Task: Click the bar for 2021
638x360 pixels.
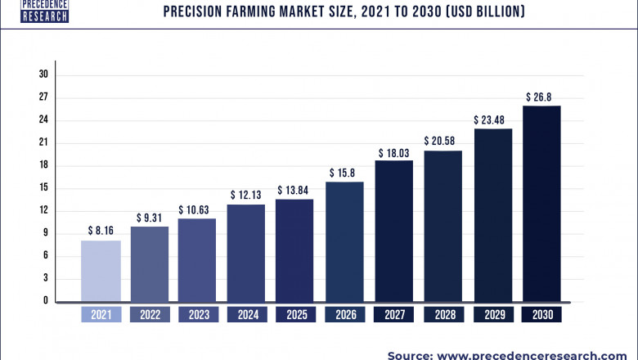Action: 101,271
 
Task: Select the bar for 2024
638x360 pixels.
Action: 246,253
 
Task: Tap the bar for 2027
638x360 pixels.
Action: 393,231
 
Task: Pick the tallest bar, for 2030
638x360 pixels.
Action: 541,203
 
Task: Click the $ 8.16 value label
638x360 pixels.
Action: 101,231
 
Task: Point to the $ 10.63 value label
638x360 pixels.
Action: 197,209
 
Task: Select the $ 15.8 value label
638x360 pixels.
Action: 344,173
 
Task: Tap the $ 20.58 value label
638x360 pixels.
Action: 443,142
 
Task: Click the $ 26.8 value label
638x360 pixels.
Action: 541,97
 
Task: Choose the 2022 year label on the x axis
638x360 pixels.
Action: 151,315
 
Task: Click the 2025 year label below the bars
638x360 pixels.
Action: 295,315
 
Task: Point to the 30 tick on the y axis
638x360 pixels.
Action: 43,74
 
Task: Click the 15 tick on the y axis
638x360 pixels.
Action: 43,188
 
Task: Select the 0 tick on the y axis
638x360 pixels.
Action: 46,301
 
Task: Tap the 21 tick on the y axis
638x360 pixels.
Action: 43,142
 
